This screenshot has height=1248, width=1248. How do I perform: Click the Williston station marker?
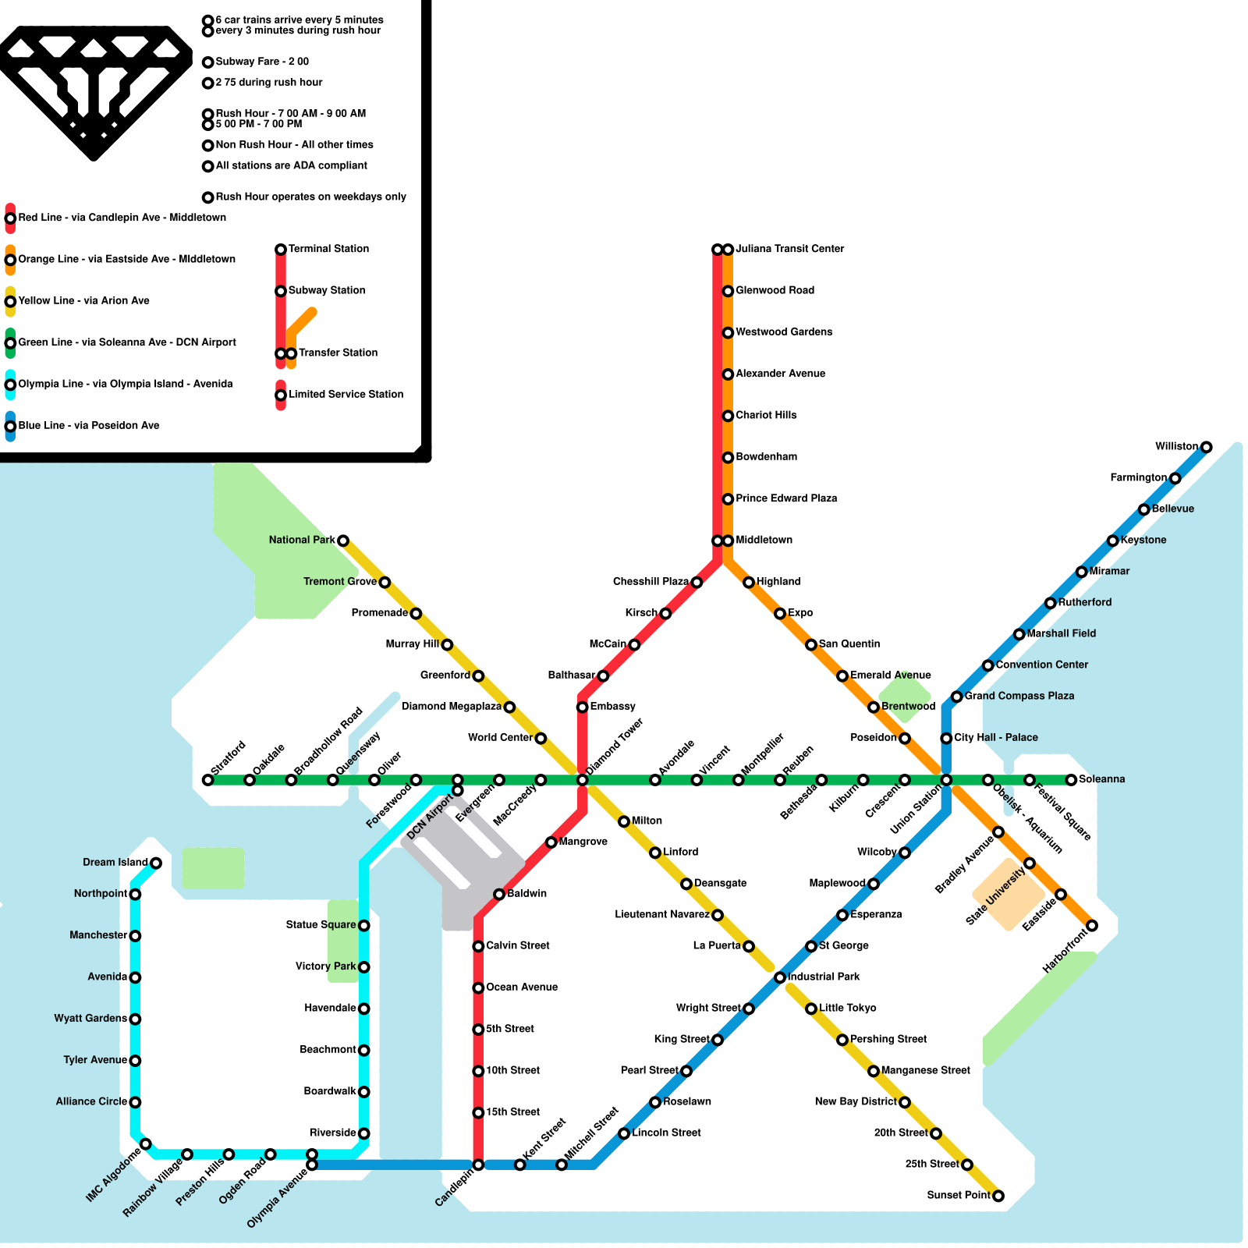[1206, 447]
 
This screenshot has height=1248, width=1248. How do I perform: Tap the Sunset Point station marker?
[998, 1196]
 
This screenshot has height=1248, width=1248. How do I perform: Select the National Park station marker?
[342, 541]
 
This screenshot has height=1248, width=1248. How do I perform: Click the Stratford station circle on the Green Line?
[207, 780]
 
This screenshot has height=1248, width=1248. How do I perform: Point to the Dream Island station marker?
[156, 863]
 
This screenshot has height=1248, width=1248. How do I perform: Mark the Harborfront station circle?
[1092, 926]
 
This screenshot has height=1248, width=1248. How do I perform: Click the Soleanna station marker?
[1071, 780]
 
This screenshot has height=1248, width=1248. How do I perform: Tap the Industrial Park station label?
[824, 977]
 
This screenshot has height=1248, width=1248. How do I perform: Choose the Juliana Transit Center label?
[789, 249]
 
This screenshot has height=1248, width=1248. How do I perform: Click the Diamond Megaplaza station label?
[451, 707]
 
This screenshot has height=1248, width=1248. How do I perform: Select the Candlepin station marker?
[478, 1165]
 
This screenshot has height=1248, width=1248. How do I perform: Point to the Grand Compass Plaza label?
[1019, 696]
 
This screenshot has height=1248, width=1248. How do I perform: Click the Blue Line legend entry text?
[89, 426]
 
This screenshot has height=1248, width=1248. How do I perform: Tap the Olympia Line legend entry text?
[125, 384]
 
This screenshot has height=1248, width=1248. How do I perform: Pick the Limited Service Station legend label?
[346, 395]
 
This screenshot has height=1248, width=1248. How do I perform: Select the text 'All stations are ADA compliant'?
[291, 165]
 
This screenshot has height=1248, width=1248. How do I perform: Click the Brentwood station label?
[908, 707]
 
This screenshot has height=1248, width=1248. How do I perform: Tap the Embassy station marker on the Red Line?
[582, 707]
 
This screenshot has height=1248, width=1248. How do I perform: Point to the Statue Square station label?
[321, 925]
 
